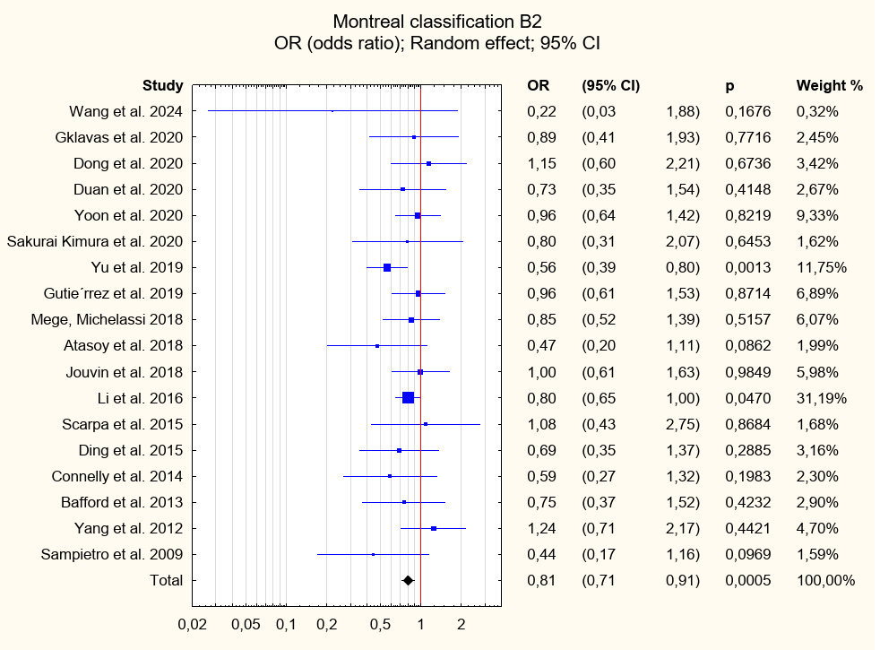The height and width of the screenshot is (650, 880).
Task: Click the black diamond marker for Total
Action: pyautogui.click(x=408, y=580)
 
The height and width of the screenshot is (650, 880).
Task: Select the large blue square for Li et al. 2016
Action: pyautogui.click(x=408, y=398)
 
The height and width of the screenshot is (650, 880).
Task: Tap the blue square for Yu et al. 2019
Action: pyautogui.click(x=387, y=268)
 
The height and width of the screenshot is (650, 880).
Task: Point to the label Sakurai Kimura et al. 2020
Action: pyautogui.click(x=95, y=242)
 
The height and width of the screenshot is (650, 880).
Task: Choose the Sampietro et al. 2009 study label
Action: pyautogui.click(x=112, y=554)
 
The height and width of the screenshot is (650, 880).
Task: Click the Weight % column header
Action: pyautogui.click(x=829, y=86)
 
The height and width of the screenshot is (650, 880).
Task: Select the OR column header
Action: pyautogui.click(x=538, y=86)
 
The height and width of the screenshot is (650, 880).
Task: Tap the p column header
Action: pyautogui.click(x=729, y=86)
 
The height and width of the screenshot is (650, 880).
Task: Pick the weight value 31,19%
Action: pyautogui.click(x=821, y=398)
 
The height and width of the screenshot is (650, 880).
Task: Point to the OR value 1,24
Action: pyautogui.click(x=541, y=528)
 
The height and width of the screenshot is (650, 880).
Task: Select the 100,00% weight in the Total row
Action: pyautogui.click(x=825, y=580)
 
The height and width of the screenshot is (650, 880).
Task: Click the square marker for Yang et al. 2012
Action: pyautogui.click(x=434, y=528)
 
